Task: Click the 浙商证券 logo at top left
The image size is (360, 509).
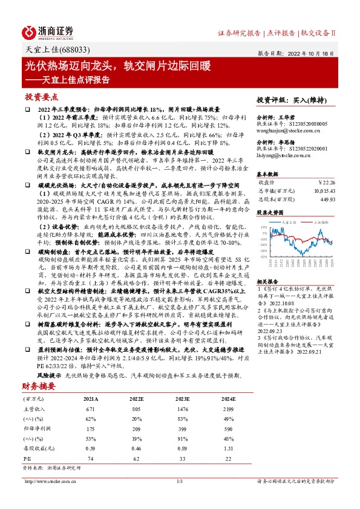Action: coord(48,32)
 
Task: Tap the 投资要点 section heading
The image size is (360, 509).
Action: coord(42,97)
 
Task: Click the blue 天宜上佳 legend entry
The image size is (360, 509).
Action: coord(278,222)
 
